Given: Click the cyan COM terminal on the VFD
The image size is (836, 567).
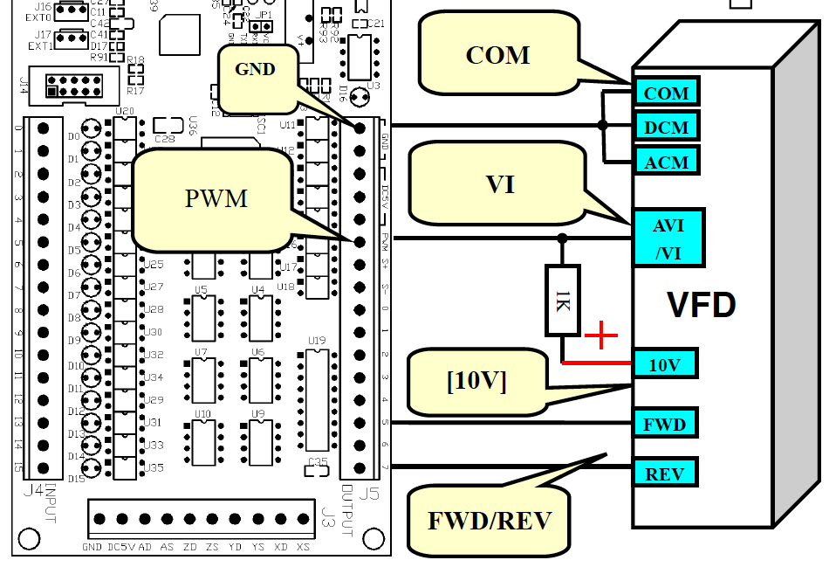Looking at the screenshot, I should point(667,93).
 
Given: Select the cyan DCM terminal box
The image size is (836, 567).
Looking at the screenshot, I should point(667,128).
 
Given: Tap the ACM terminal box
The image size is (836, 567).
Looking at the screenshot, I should point(667,162).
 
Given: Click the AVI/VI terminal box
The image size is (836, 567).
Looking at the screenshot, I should point(668,238).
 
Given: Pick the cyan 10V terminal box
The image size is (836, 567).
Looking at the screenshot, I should point(664,364).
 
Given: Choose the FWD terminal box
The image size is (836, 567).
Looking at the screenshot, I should point(665,425).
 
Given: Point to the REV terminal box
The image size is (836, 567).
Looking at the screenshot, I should point(665,474).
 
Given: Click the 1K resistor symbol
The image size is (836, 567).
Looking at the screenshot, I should point(562,301).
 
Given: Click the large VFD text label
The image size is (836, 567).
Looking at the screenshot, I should point(701,306).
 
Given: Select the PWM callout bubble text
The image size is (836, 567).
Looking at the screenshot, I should point(216,198).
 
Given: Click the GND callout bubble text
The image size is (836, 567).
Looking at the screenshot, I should point(256,70).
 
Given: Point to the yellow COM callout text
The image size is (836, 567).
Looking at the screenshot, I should point(497,55).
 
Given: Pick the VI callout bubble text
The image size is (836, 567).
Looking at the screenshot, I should point(500,184).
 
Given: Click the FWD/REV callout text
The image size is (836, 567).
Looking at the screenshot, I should point(490,521).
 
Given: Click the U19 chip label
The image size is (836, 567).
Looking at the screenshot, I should point(317,340).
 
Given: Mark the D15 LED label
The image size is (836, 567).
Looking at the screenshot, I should point(76,479).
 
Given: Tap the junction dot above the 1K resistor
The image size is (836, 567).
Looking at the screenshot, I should point(562,238).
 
